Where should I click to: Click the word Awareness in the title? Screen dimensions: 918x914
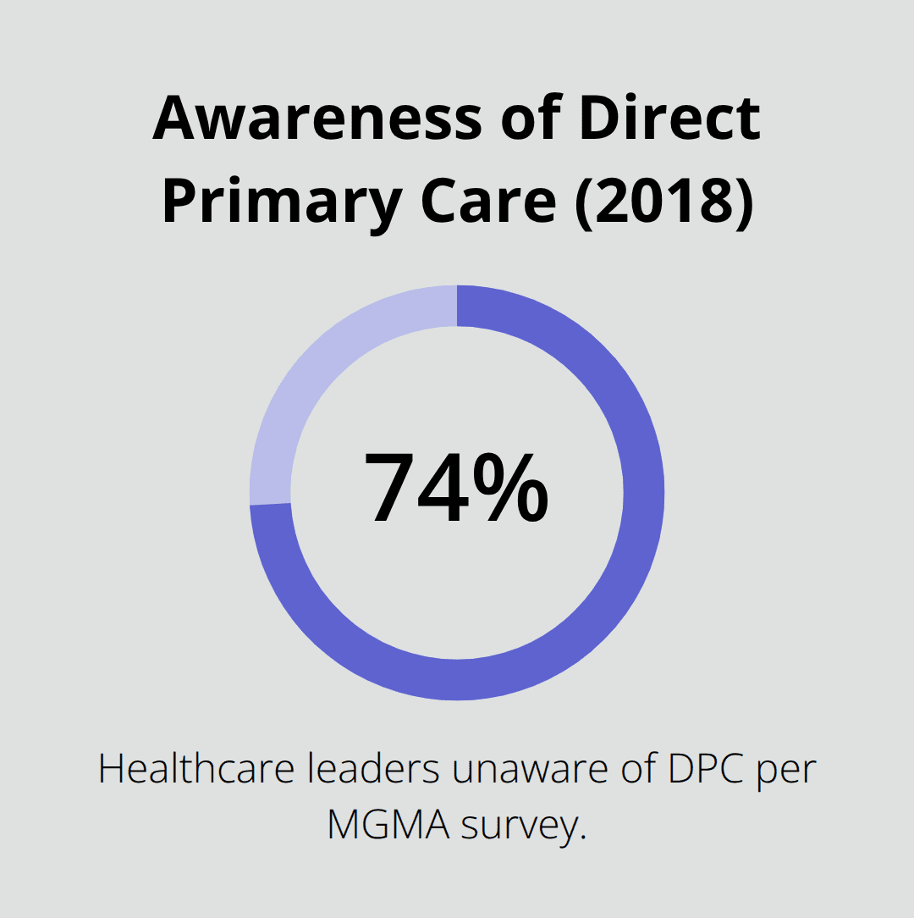318,118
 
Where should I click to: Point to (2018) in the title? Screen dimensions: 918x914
664,203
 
